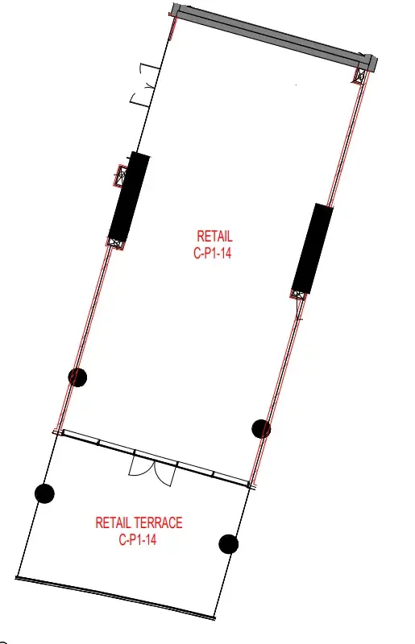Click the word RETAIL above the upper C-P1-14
[214, 236]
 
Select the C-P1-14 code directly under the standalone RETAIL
[212, 253]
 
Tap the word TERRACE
[157, 522]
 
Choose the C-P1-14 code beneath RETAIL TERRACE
[138, 539]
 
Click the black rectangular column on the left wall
[129, 197]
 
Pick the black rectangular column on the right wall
[312, 249]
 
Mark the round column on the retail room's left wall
[77, 377]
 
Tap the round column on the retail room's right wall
[261, 429]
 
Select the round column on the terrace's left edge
[44, 493]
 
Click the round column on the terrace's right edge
[229, 544]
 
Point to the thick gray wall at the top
[273, 36]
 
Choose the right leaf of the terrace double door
[165, 473]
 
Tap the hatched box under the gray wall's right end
[360, 75]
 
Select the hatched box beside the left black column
[122, 175]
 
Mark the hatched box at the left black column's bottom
[116, 244]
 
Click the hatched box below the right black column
[299, 295]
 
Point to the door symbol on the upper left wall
[145, 85]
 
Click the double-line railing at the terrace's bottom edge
[115, 597]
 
